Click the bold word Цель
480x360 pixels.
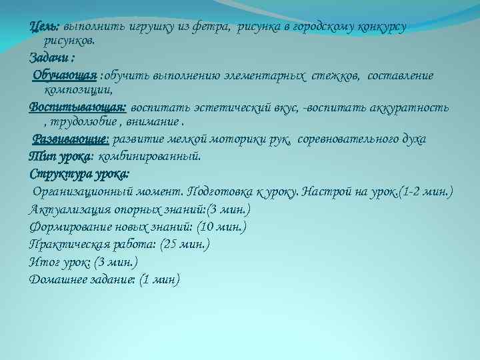click(x=44, y=26)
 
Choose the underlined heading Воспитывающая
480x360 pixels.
click(x=77, y=107)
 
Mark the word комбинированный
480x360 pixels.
click(x=149, y=157)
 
